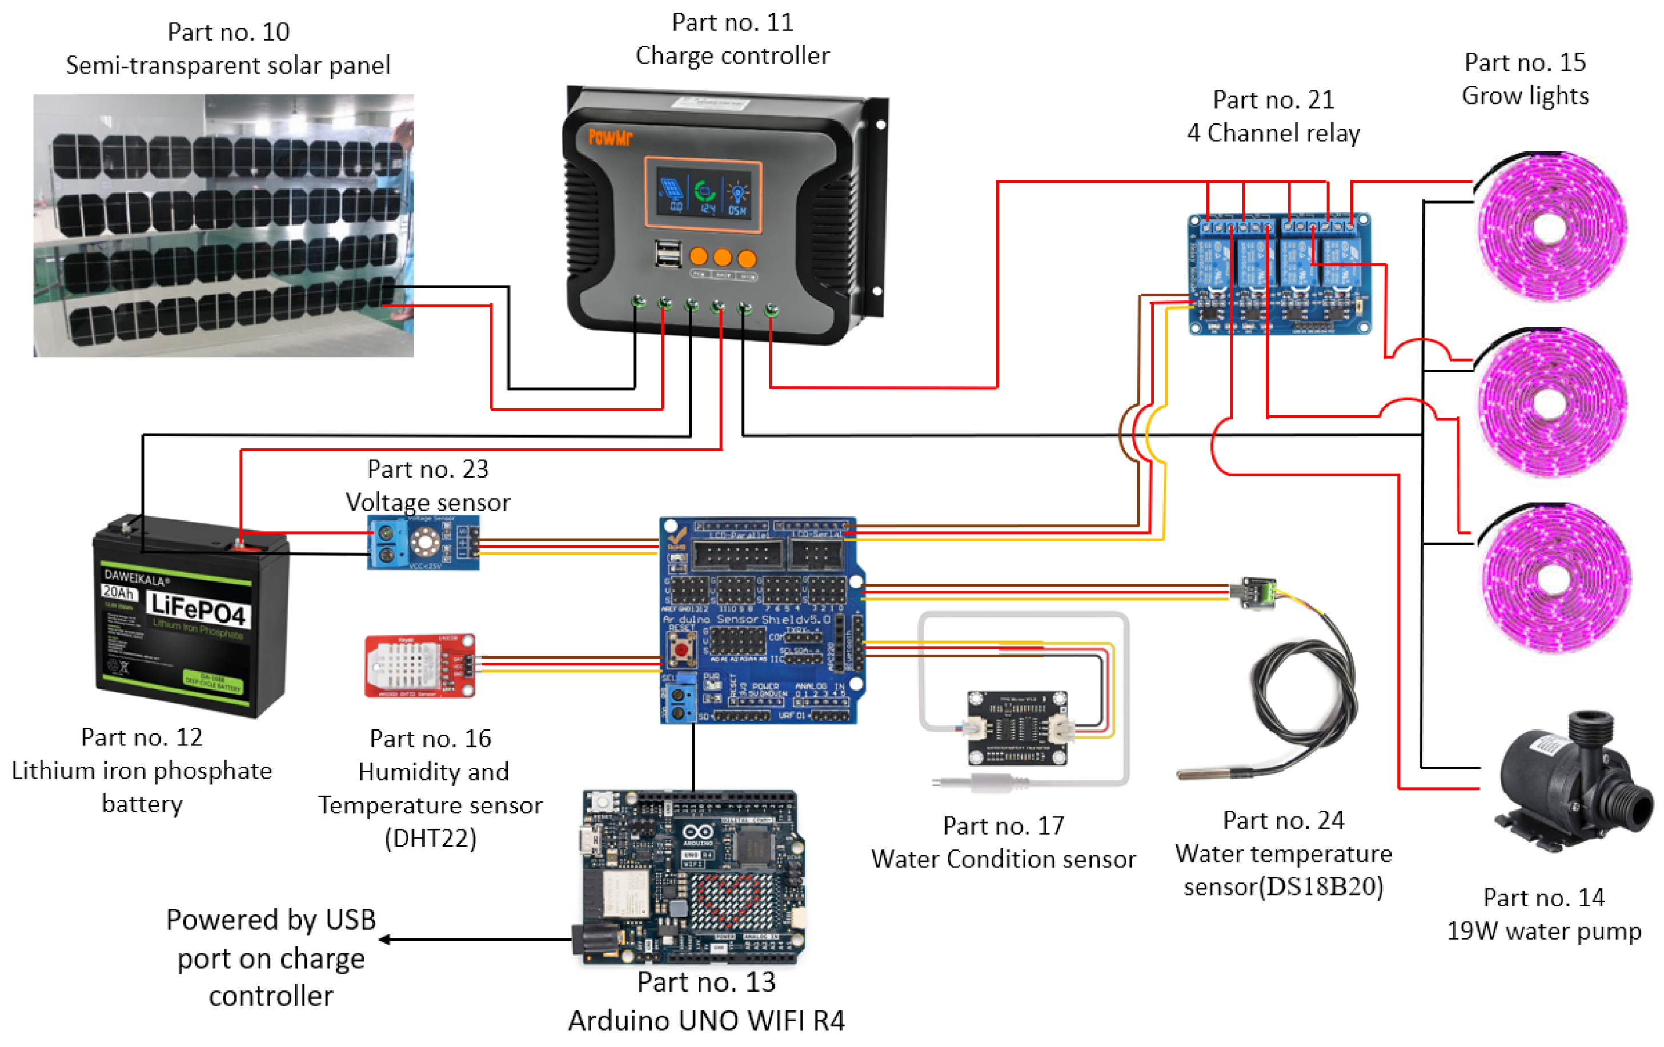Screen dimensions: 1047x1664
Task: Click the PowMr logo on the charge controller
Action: coord(610,137)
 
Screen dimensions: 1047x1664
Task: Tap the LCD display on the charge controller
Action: coord(703,195)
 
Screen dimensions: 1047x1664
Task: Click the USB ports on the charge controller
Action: coord(668,254)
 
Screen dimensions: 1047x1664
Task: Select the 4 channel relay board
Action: coord(1279,274)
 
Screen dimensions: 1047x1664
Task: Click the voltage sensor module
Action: coord(423,543)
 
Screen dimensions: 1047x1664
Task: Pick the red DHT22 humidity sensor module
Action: coord(419,666)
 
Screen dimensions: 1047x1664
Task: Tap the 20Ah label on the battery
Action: coord(118,592)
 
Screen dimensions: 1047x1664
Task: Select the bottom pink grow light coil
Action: coord(1554,577)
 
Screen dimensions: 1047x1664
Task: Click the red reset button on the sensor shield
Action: coord(681,649)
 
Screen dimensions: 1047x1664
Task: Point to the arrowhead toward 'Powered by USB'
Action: coord(384,939)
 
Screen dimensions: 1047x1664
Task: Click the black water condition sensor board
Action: coord(1017,728)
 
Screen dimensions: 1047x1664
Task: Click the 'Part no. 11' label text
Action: coord(732,22)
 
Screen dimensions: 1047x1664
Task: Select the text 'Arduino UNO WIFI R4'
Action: coord(706,1020)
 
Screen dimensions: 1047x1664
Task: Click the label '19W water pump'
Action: coord(1544,930)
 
